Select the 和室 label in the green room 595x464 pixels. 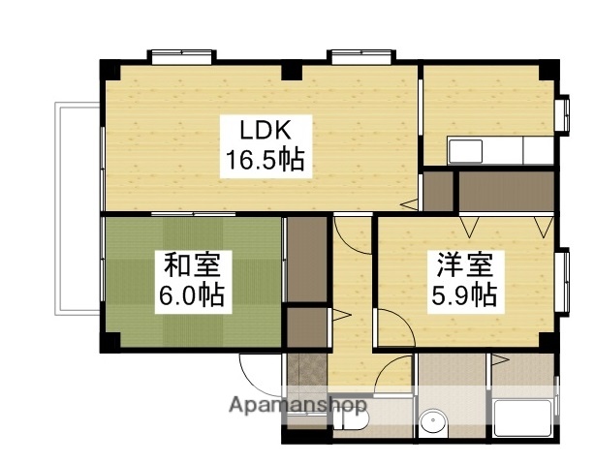point(191,264)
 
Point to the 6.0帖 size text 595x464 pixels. point(191,294)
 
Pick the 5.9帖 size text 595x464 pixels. point(464,294)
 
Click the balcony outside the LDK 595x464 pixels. point(78,208)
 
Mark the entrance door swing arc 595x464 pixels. point(257,373)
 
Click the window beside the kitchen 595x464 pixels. point(562,113)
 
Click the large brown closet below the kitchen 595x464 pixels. point(505,193)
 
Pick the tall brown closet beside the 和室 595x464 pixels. point(307,259)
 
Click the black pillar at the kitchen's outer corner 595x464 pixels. point(548,69)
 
